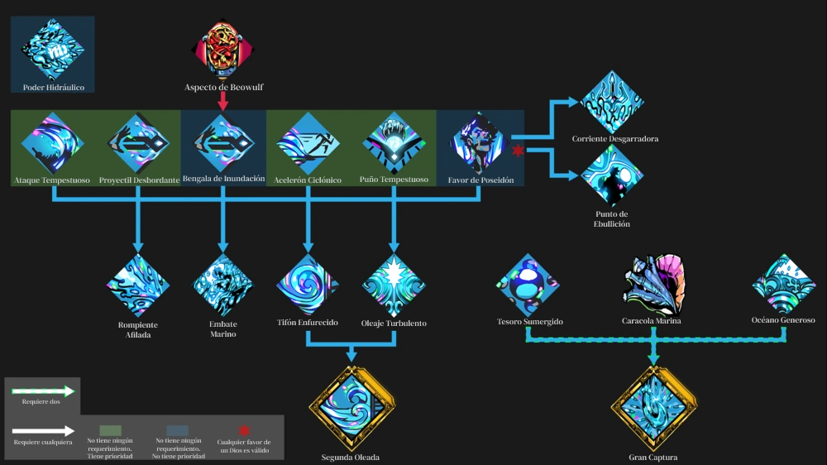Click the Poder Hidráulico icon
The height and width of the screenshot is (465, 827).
point(53,49)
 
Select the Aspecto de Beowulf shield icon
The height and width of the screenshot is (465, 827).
point(223,50)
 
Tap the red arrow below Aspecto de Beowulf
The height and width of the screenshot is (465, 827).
point(223,101)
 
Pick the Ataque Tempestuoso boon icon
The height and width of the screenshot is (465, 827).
point(53,143)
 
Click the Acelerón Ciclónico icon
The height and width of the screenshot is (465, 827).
point(308,143)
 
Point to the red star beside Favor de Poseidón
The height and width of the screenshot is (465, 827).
point(518,151)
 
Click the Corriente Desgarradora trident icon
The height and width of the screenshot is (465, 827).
point(612,102)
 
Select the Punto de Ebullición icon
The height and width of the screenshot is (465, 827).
point(612,175)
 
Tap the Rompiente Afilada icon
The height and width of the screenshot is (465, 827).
point(138,285)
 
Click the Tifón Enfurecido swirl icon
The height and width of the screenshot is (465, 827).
point(308,285)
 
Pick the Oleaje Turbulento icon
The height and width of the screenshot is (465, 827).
point(394,285)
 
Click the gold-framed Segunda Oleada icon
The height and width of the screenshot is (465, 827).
point(351,408)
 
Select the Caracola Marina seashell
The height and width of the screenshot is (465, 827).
point(654,285)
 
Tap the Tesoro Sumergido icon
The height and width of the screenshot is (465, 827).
point(528,285)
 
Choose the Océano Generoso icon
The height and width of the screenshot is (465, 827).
point(784,285)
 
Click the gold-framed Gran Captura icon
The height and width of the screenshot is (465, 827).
point(654,408)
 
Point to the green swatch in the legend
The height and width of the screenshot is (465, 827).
point(110,431)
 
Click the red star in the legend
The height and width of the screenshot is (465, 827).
point(244,430)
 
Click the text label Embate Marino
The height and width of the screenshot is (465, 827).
point(223,328)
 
